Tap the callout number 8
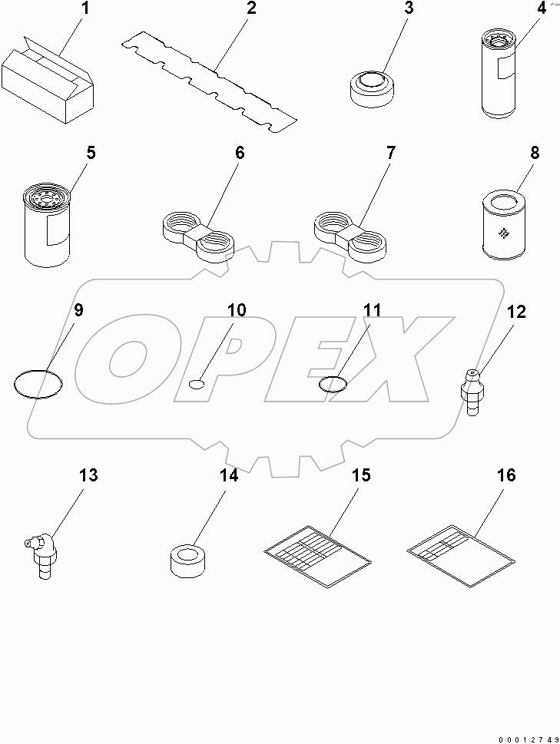(x=535, y=153)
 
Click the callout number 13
(x=89, y=475)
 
